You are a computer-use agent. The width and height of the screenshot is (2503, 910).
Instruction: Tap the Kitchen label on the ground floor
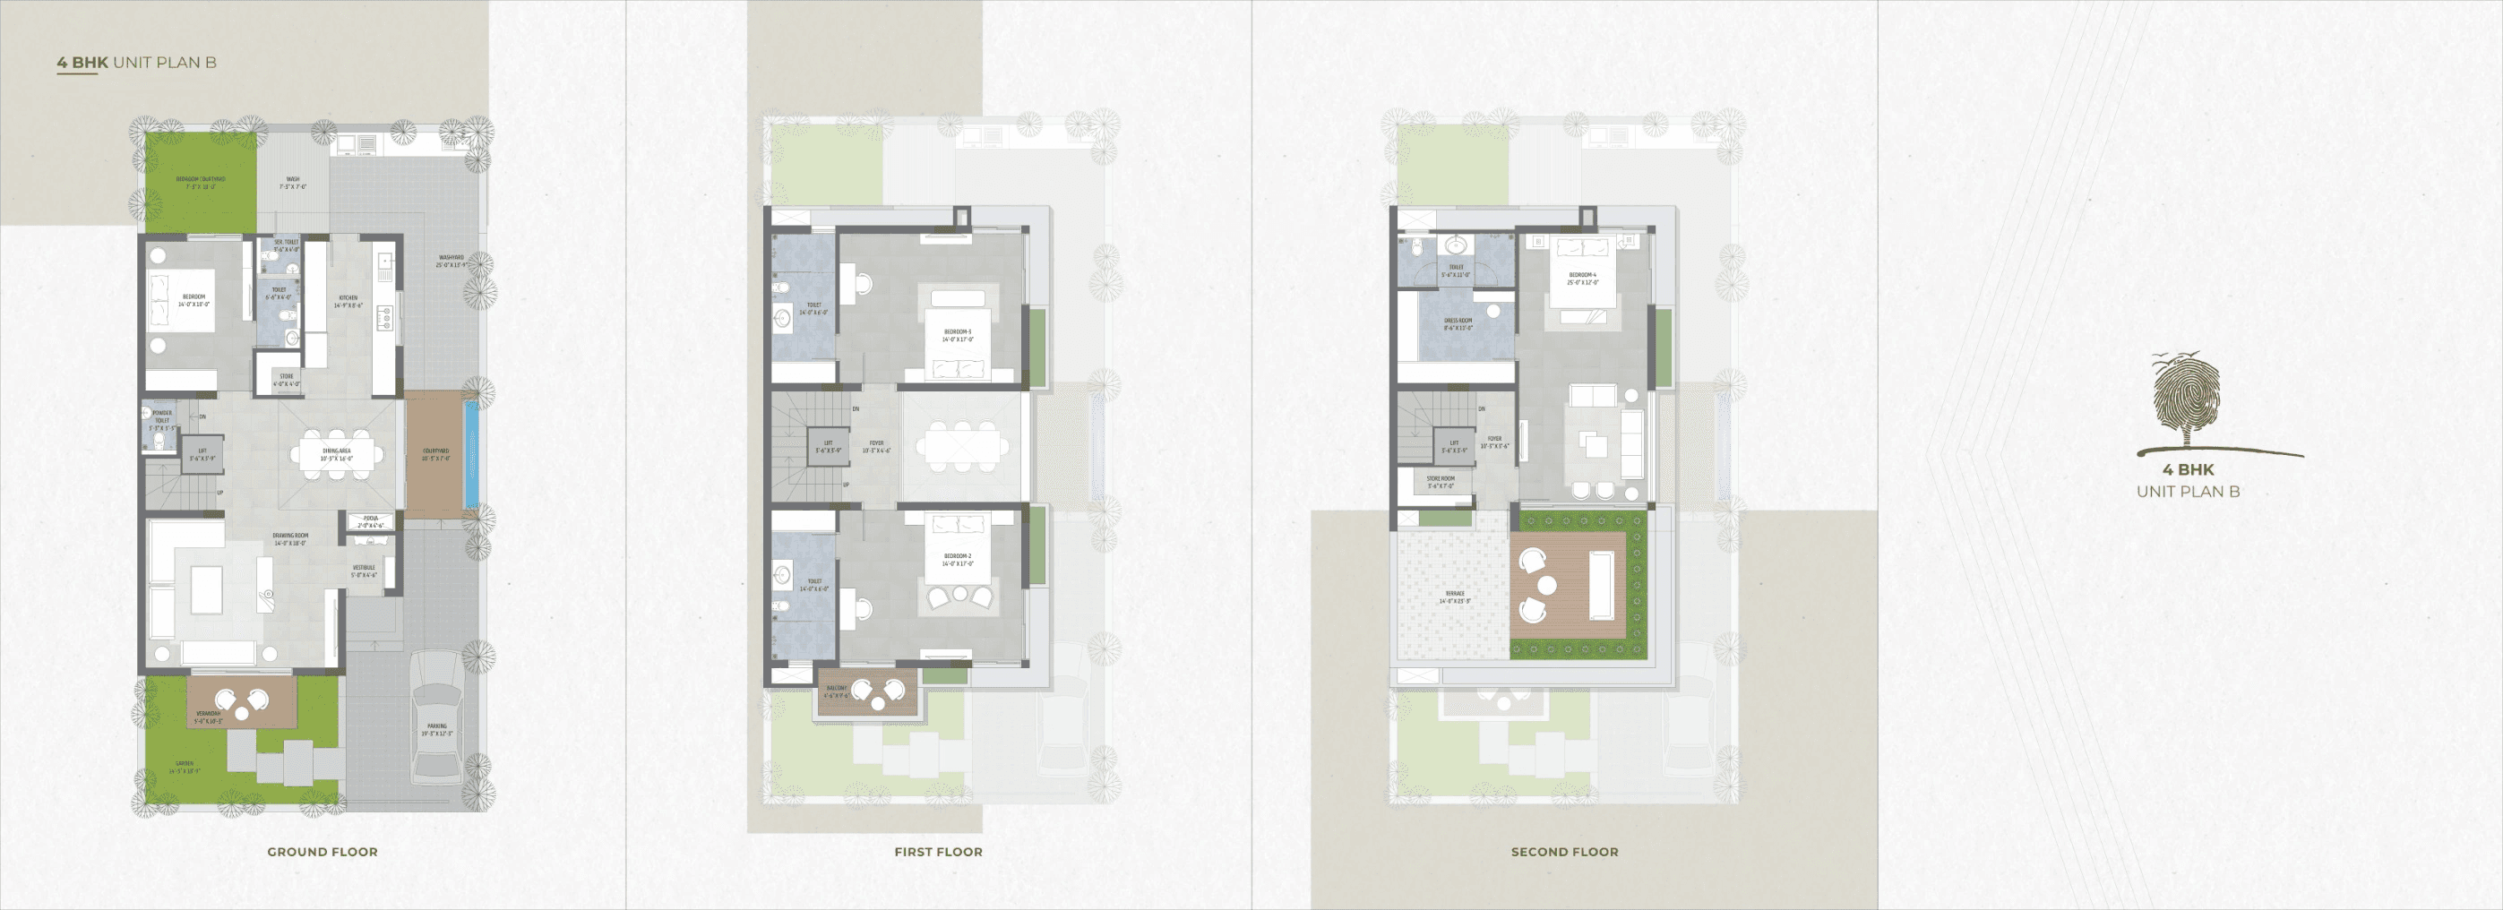(348, 301)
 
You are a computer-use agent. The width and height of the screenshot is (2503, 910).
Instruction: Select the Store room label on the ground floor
(287, 380)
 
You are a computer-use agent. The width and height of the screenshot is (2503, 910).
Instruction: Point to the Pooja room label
(370, 521)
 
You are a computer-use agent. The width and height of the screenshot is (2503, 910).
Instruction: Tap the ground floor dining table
(336, 453)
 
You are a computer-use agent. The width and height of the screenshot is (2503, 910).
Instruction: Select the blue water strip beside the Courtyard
(471, 454)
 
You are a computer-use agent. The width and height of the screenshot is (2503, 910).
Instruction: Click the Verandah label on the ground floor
(208, 717)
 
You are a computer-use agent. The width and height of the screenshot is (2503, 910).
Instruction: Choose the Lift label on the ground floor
(202, 454)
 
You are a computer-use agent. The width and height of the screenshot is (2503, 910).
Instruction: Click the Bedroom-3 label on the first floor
(957, 335)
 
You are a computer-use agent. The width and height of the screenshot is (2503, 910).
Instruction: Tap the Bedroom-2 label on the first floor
(957, 560)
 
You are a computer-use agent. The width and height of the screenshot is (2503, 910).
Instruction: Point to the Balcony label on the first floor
(836, 691)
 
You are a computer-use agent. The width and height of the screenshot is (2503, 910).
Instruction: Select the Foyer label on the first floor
(876, 446)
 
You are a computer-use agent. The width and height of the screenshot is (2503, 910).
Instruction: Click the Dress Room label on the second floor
(1458, 323)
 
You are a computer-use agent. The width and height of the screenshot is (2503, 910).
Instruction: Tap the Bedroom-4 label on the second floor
(1582, 278)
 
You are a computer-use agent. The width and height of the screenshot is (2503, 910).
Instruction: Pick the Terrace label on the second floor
(1455, 597)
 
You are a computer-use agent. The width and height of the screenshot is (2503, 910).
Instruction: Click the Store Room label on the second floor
(1441, 482)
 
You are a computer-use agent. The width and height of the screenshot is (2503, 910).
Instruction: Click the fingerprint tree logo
(2186, 401)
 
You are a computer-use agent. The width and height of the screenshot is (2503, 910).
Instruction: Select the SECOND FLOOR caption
(1564, 852)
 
